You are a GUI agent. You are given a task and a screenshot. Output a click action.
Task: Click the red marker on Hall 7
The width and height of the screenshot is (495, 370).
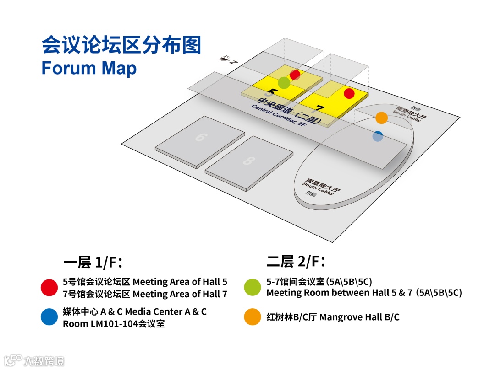click(x=349, y=93)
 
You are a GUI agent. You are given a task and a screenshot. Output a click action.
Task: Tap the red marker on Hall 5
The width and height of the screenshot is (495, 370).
click(x=295, y=75)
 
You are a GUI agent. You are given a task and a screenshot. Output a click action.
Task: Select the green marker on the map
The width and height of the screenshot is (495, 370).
click(x=284, y=83)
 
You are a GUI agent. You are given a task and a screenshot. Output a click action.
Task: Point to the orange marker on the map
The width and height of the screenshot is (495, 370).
click(x=381, y=118)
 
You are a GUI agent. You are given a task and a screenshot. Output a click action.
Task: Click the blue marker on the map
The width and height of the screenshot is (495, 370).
click(x=378, y=136)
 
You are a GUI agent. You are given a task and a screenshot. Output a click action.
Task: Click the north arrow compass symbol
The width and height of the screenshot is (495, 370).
click(x=225, y=59)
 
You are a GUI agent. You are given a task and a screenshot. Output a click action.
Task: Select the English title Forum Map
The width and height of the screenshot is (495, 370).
click(x=89, y=68)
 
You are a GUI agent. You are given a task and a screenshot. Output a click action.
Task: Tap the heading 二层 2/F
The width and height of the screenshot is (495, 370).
click(x=296, y=262)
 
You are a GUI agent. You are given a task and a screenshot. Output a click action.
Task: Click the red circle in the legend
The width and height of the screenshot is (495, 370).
click(x=49, y=287)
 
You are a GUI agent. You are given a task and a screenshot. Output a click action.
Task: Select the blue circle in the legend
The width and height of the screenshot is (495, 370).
click(x=49, y=317)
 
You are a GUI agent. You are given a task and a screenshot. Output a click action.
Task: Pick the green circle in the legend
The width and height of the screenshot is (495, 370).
click(x=253, y=287)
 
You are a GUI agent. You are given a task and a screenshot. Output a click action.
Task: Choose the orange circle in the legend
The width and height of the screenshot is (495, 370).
click(x=253, y=317)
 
